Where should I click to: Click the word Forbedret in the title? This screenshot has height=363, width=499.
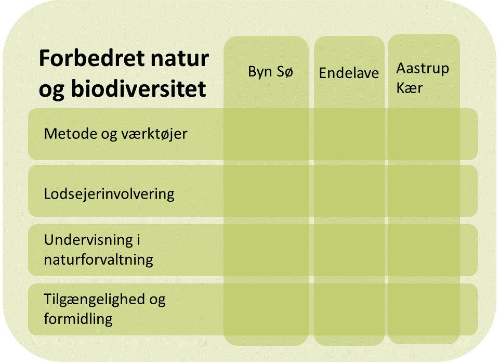click(x=92, y=58)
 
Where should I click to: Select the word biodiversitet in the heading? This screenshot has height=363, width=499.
click(x=138, y=88)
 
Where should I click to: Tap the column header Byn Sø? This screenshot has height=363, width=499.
click(x=270, y=72)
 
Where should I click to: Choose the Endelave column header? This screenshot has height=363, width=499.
click(x=349, y=73)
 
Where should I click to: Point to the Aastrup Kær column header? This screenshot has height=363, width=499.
click(x=423, y=77)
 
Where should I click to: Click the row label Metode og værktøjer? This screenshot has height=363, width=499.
click(x=115, y=134)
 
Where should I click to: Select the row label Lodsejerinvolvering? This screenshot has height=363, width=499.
click(x=109, y=194)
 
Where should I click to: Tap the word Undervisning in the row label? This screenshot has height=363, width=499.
click(x=88, y=240)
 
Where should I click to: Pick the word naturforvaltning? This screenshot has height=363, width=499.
click(x=98, y=260)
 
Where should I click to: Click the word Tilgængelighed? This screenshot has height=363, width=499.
click(x=94, y=300)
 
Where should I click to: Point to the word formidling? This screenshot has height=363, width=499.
click(x=78, y=319)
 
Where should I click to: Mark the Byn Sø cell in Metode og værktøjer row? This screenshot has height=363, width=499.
click(x=266, y=134)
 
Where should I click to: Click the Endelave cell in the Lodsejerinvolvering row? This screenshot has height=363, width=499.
click(x=349, y=191)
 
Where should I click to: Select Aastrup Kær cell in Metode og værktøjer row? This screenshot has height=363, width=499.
click(x=424, y=134)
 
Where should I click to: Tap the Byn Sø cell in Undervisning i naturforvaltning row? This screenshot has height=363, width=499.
click(x=266, y=250)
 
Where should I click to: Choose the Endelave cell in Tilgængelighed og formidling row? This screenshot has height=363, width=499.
click(x=349, y=309)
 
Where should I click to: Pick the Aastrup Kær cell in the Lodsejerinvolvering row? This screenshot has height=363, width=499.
click(x=424, y=191)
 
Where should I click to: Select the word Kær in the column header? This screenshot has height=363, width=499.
click(x=410, y=88)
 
